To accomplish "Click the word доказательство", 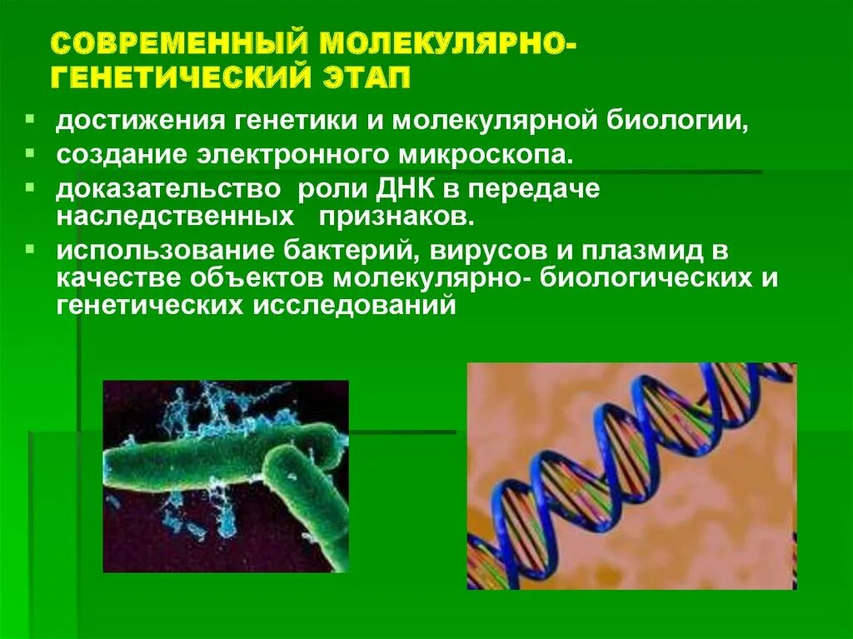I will tap(167, 188).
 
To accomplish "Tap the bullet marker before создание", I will tap(30, 152).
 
